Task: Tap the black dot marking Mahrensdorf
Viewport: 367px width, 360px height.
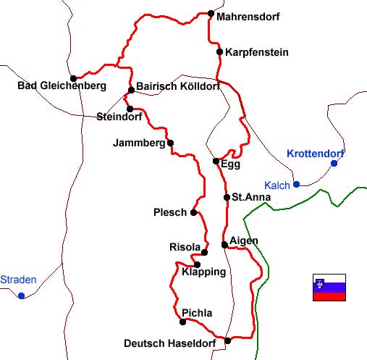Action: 211,13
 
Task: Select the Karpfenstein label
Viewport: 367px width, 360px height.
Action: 257,52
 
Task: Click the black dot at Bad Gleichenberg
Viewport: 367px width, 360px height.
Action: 73,78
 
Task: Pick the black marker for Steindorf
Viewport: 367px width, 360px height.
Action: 130,109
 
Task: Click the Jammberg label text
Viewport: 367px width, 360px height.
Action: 139,143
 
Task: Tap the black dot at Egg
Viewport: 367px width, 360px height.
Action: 216,161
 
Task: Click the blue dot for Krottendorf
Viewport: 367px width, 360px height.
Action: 334,163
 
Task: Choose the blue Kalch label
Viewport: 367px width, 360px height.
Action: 277,185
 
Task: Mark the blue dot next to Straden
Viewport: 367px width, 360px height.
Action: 22,296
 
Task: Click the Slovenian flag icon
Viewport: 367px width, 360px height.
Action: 329,287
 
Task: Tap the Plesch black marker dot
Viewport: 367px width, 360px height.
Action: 193,212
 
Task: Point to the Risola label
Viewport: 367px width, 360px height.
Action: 183,247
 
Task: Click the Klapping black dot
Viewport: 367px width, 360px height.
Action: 197,264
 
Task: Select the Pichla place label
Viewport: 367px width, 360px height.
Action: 197,313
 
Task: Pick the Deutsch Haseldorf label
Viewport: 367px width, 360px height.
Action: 172,343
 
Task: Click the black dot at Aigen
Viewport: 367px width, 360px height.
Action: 225,245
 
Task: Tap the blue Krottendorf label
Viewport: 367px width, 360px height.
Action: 316,154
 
